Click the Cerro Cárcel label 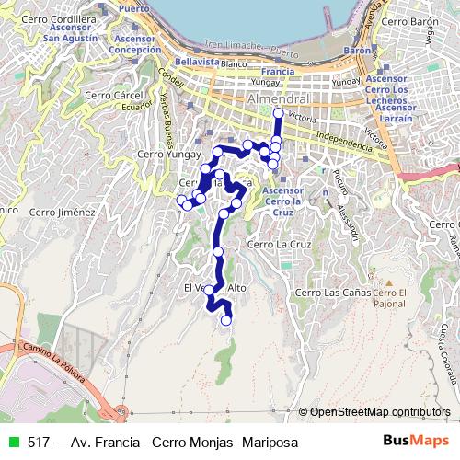(109, 95)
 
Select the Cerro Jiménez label (62, 212)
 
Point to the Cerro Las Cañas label (327, 293)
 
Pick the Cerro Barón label (406, 20)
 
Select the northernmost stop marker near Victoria (278, 113)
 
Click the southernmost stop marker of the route (226, 320)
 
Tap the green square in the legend (12, 443)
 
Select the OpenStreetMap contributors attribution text (380, 411)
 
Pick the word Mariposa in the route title (269, 443)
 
